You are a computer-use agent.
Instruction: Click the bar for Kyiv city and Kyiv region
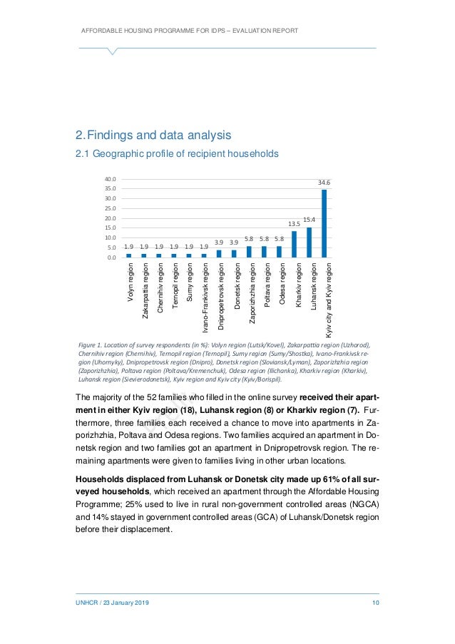[324, 223]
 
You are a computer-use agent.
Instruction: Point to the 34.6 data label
[324, 183]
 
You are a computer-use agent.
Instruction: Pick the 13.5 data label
[294, 224]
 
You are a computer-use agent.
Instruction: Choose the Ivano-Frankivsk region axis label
[205, 300]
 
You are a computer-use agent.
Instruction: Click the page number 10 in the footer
[374, 605]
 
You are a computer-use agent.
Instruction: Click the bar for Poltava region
[264, 252]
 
